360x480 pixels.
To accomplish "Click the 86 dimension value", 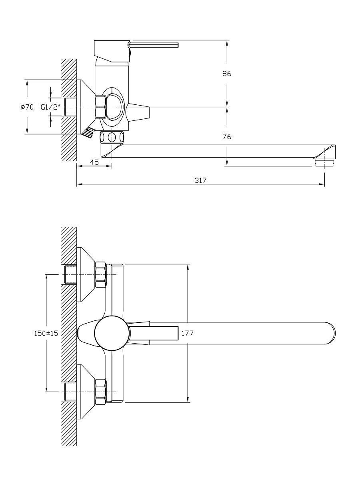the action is (227, 74).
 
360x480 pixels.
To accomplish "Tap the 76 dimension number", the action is (227, 137).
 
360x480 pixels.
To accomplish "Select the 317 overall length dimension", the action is (200, 180).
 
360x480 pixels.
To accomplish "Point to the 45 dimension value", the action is (94, 162).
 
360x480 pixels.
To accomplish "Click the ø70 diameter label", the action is (27, 107).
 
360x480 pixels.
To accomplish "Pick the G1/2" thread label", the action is (50, 107).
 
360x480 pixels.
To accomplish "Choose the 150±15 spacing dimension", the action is (46, 333).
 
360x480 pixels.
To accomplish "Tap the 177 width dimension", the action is (187, 333).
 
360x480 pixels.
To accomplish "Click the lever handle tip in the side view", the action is (178, 45).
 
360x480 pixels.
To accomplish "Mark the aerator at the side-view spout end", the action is (324, 163).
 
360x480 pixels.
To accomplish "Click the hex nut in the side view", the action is (100, 107).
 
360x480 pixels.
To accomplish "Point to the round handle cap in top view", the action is (112, 333).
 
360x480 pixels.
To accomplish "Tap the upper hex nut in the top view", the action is (100, 274).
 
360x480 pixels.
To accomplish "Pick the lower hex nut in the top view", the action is (100, 392).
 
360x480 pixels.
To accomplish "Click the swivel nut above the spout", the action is (112, 137).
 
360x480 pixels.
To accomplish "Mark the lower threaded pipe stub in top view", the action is (70, 392).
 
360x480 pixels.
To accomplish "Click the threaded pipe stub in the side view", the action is (70, 107).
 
